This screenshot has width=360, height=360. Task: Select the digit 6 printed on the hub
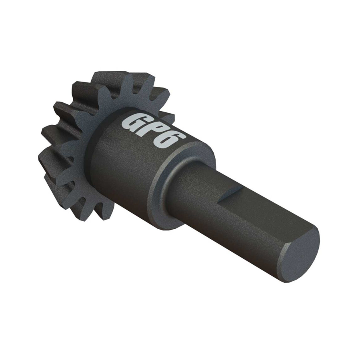tap(174, 139)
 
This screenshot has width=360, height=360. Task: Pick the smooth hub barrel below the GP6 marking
tap(128, 168)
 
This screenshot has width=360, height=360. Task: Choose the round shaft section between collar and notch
tap(200, 188)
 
